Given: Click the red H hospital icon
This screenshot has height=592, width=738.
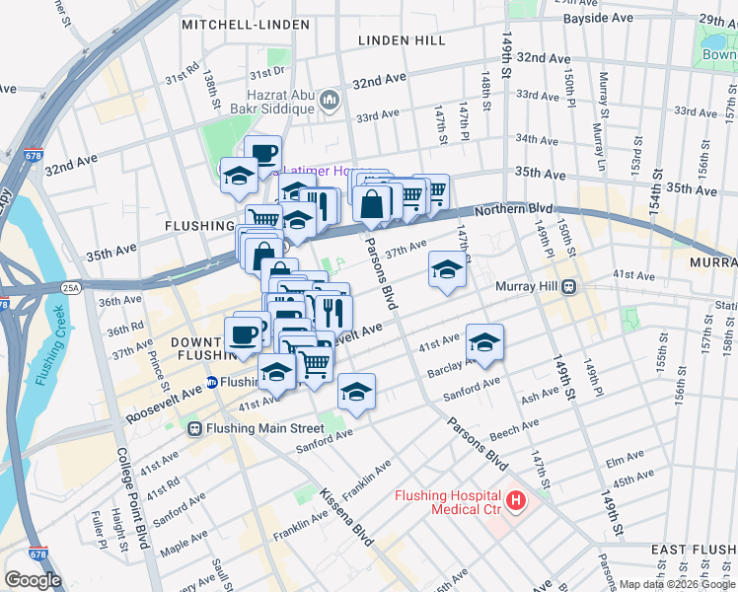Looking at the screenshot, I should pyautogui.click(x=515, y=502).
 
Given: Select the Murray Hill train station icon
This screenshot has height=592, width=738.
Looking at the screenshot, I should pyautogui.click(x=570, y=288).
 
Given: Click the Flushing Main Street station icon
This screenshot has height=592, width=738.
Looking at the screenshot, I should pyautogui.click(x=195, y=428).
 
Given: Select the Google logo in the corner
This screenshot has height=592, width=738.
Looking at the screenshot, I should pyautogui.click(x=33, y=579).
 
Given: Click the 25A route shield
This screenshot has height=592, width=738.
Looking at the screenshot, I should pyautogui.click(x=72, y=287).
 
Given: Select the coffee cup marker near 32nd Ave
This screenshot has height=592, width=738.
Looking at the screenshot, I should pyautogui.click(x=262, y=153).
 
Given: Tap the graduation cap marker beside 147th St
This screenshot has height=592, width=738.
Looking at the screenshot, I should pyautogui.click(x=447, y=269).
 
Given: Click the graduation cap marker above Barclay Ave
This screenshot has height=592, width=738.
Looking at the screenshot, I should pyautogui.click(x=484, y=342).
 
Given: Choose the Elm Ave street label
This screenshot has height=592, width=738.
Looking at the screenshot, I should pyautogui.click(x=624, y=460).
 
